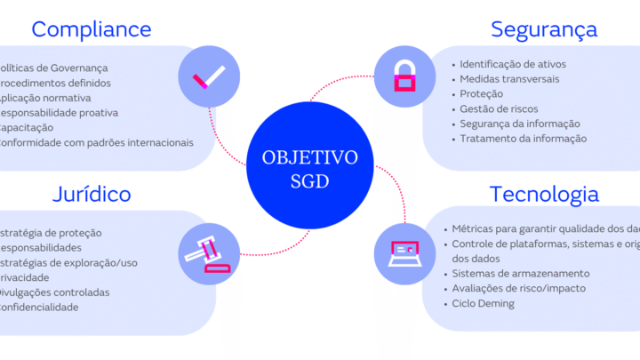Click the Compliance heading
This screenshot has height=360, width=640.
tap(92, 29)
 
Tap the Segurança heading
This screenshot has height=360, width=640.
tap(544, 29)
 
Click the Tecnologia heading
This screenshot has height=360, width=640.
tap(544, 194)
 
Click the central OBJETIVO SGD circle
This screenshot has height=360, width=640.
tap(310, 166)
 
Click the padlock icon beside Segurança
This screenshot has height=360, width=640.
tap(403, 75)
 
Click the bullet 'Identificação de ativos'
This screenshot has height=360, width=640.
tap(512, 64)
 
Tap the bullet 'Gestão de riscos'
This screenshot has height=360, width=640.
tap(498, 109)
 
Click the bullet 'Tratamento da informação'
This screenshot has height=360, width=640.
tap(523, 139)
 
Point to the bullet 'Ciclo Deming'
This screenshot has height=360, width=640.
tap(483, 304)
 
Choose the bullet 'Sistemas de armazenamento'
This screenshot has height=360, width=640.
tap(520, 274)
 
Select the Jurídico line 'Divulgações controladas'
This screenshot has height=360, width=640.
tap(54, 292)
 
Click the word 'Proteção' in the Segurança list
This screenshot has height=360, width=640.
tap(482, 94)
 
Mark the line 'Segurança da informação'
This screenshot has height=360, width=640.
tap(520, 124)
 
